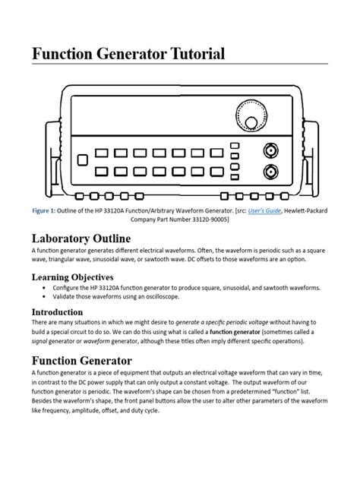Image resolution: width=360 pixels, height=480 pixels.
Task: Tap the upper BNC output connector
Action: click(x=270, y=149)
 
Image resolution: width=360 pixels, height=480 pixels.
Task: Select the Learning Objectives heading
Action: click(x=72, y=276)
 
